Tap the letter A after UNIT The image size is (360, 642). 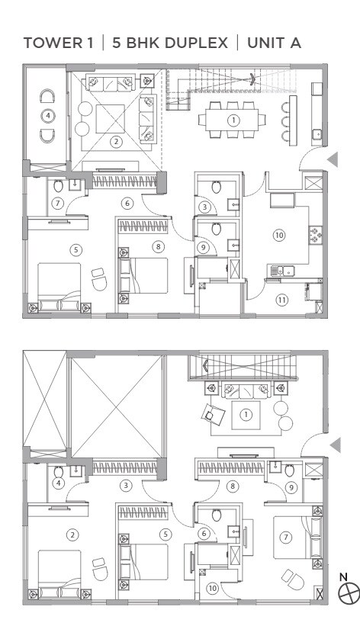click(x=294, y=43)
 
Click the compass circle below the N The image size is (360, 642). click(x=349, y=591)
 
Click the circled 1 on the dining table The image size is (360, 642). click(x=235, y=119)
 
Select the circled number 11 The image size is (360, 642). click(x=281, y=299)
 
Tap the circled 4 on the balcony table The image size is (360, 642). click(x=49, y=115)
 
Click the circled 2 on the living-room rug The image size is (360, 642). click(x=116, y=140)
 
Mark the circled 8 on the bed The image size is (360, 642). click(x=157, y=246)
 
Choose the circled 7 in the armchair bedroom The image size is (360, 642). click(x=286, y=537)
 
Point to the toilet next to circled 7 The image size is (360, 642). click(x=59, y=185)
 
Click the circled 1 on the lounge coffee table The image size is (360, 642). click(x=246, y=414)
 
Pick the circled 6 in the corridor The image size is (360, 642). click(x=127, y=203)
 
